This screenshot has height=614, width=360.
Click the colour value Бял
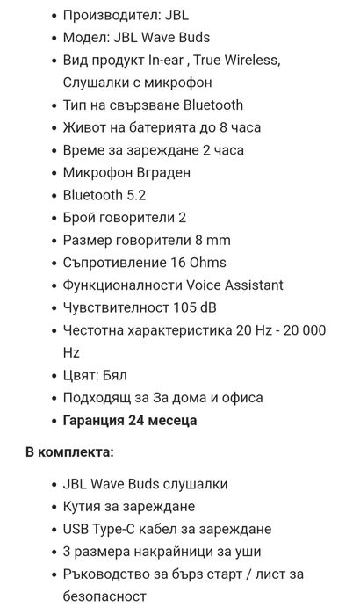pyautogui.click(x=116, y=375)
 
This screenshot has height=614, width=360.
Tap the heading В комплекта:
pyautogui.click(x=69, y=451)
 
